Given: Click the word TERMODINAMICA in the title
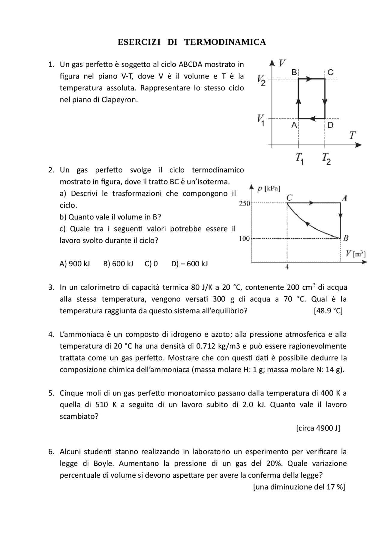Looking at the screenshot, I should coord(225,42).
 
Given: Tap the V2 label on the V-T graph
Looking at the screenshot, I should coord(261,80).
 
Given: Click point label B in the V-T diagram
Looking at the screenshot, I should coord(294,72).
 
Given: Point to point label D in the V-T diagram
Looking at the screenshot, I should coord(330,125).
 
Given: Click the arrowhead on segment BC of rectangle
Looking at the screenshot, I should coord(310,79).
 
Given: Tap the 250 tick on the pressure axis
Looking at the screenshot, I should coord(244,204).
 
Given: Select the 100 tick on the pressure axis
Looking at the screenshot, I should coord(244,239).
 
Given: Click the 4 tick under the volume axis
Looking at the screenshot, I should coord(287,267).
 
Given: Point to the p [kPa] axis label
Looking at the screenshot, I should coord(268,189).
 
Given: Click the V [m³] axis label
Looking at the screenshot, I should coord(355,254).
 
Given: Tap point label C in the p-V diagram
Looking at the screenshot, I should coord(289,198).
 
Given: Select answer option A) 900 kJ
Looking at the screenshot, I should coord(75,264).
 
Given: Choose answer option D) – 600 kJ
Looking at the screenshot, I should coord(189,264).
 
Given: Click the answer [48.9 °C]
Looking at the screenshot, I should coord(328,311).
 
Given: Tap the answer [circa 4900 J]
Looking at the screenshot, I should coord(318,428).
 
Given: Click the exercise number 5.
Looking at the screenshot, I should coord(51,393).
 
